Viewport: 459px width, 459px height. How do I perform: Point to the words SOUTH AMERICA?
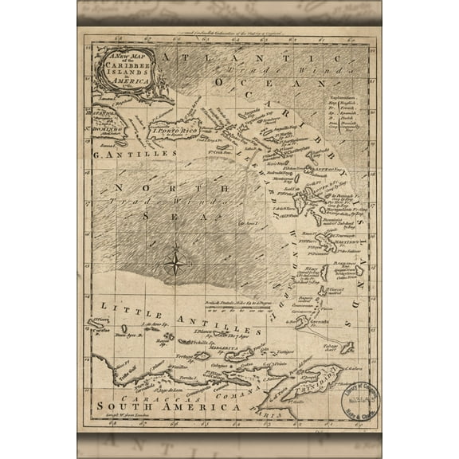point(169,407)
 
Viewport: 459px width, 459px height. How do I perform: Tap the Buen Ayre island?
point(127,335)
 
